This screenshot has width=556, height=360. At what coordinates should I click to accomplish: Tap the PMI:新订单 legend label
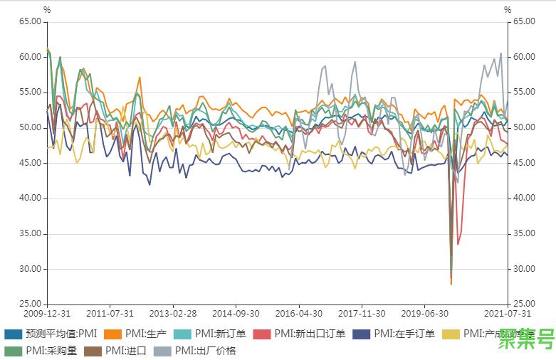(x=221, y=334)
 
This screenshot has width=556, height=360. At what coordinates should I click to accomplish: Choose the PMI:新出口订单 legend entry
(x=310, y=334)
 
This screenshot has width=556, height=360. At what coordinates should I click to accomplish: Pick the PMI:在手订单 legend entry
(x=404, y=334)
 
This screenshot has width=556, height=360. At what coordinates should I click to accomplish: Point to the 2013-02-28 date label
(x=172, y=313)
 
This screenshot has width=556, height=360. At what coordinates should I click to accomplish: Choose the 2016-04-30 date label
(x=298, y=313)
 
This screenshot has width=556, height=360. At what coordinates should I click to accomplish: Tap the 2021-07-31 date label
(x=506, y=313)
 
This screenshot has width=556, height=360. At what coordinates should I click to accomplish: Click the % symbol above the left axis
(x=47, y=10)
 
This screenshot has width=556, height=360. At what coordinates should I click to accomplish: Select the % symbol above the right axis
(x=508, y=10)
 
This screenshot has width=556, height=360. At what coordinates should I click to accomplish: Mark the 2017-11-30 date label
(x=362, y=313)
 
